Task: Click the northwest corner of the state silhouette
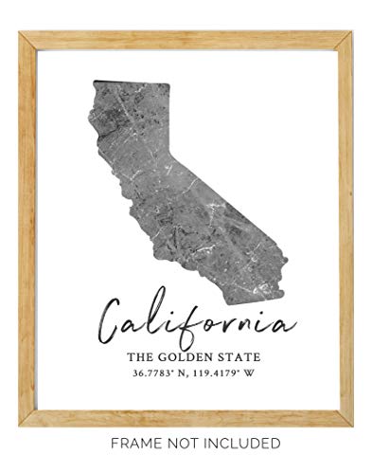click(x=93, y=83)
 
